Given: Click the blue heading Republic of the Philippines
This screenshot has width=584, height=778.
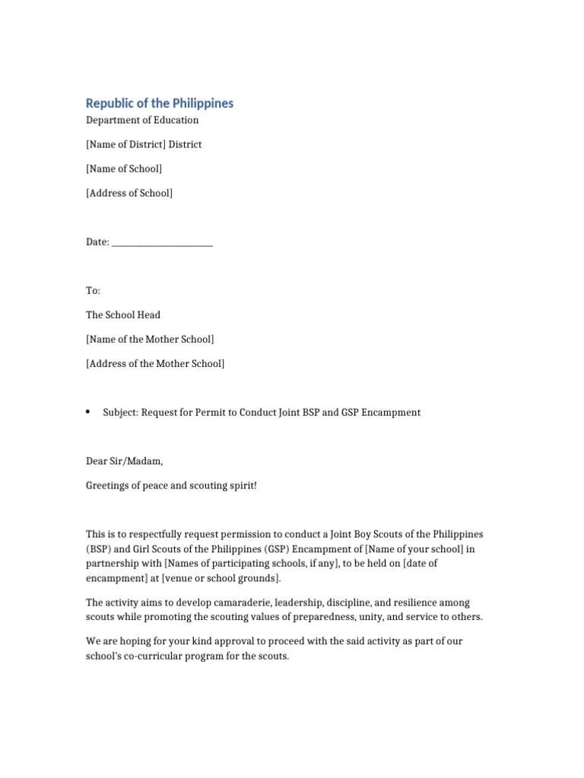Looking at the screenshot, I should point(160,103).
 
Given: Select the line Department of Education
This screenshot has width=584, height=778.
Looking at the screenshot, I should point(142,120).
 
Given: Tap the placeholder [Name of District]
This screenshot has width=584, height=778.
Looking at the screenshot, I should point(125,144).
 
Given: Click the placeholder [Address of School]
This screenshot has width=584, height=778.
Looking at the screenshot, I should point(129,193).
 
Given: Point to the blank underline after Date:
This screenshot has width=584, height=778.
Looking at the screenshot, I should point(162,242).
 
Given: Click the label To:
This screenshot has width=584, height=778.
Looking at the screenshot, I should point(93,291).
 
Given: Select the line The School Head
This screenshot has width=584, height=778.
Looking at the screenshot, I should point(123,315).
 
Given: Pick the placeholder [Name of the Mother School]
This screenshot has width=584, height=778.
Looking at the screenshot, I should point(150,340).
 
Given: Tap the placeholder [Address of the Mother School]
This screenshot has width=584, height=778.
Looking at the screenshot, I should point(155,364).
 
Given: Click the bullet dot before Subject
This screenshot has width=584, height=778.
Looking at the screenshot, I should point(88,412).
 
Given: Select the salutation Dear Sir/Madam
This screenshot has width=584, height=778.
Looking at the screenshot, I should point(125,461).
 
